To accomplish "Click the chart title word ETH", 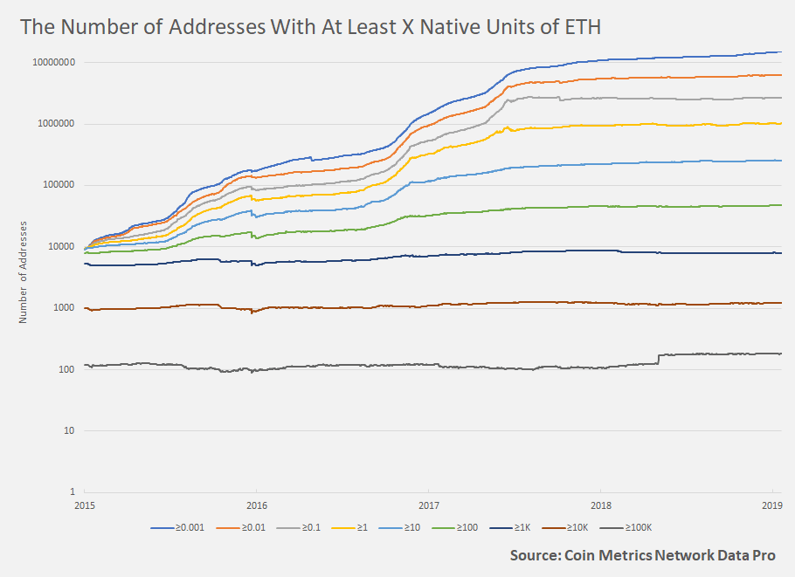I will pyautogui.click(x=579, y=27).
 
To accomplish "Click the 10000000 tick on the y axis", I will pyautogui.click(x=54, y=63).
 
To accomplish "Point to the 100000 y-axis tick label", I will pyautogui.click(x=59, y=185).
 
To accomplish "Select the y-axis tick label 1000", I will pyautogui.click(x=66, y=307).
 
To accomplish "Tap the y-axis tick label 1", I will pyautogui.click(x=74, y=491).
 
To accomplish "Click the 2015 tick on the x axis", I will pyautogui.click(x=86, y=505).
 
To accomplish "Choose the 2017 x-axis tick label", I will pyautogui.click(x=429, y=505).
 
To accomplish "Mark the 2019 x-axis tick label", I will pyautogui.click(x=772, y=505).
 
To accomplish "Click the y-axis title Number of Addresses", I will pyautogui.click(x=24, y=272).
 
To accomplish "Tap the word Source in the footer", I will pyautogui.click(x=538, y=555).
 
